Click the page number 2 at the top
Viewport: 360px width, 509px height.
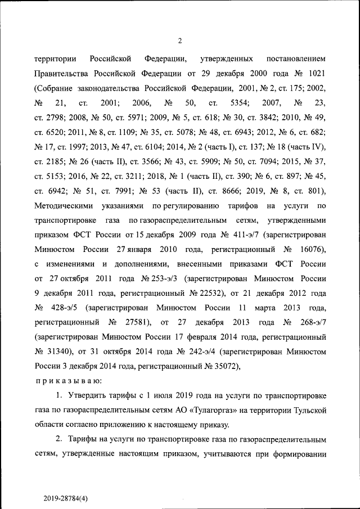click(x=180, y=40)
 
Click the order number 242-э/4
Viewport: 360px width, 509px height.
click(x=200, y=352)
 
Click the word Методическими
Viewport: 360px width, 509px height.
click(x=61, y=205)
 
